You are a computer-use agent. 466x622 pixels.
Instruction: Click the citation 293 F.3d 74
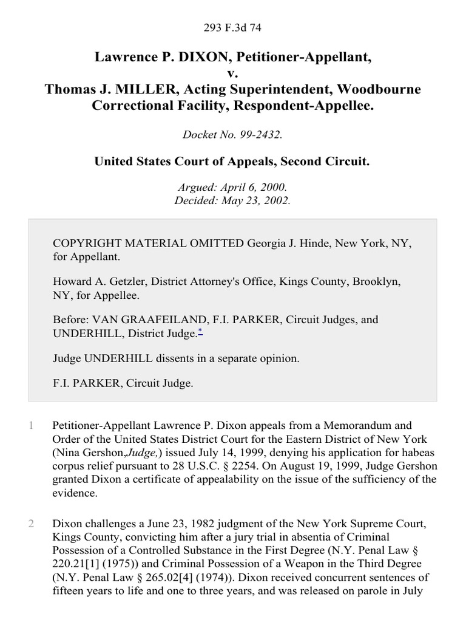click(233, 27)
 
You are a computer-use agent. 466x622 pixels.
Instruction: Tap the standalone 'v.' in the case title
click(233, 73)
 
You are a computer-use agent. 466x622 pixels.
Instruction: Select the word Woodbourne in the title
click(379, 89)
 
